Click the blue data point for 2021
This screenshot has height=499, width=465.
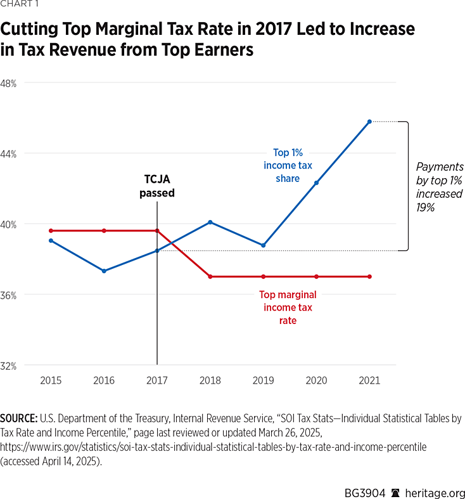coord(369,121)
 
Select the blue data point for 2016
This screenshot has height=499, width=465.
coord(104,271)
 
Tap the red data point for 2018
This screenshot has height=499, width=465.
coord(210,276)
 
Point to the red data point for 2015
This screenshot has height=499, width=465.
coord(51,231)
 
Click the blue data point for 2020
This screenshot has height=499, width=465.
coord(316,183)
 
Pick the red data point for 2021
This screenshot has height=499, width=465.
coord(369,276)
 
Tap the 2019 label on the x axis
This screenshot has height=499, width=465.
coord(263,380)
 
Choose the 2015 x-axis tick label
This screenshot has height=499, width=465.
coord(51,380)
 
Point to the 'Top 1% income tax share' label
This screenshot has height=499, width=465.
coord(288,165)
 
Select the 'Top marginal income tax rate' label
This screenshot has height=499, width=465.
coord(288,308)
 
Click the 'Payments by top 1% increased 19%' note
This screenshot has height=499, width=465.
coord(439,186)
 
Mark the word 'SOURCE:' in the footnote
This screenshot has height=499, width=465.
coord(19,419)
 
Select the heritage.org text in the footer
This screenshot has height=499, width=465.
coord(435,484)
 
